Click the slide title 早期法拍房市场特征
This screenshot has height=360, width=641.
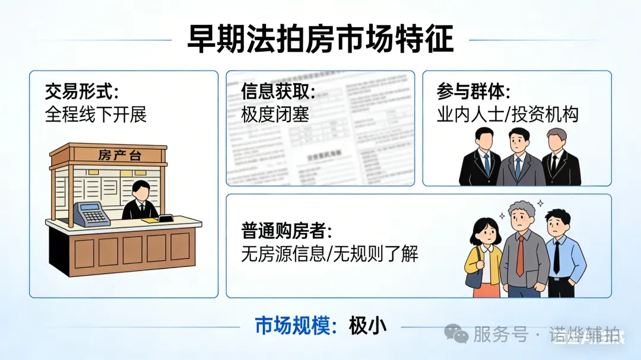320,40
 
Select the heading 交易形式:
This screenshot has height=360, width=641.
82,92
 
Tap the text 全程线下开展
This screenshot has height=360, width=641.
96,113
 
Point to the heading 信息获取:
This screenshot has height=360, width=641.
278,92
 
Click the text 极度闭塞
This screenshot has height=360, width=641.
275,113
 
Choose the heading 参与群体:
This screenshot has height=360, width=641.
474,92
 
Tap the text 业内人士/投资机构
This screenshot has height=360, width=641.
507,113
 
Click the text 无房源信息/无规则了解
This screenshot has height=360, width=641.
329,254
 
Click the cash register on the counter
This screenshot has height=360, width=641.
91,214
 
